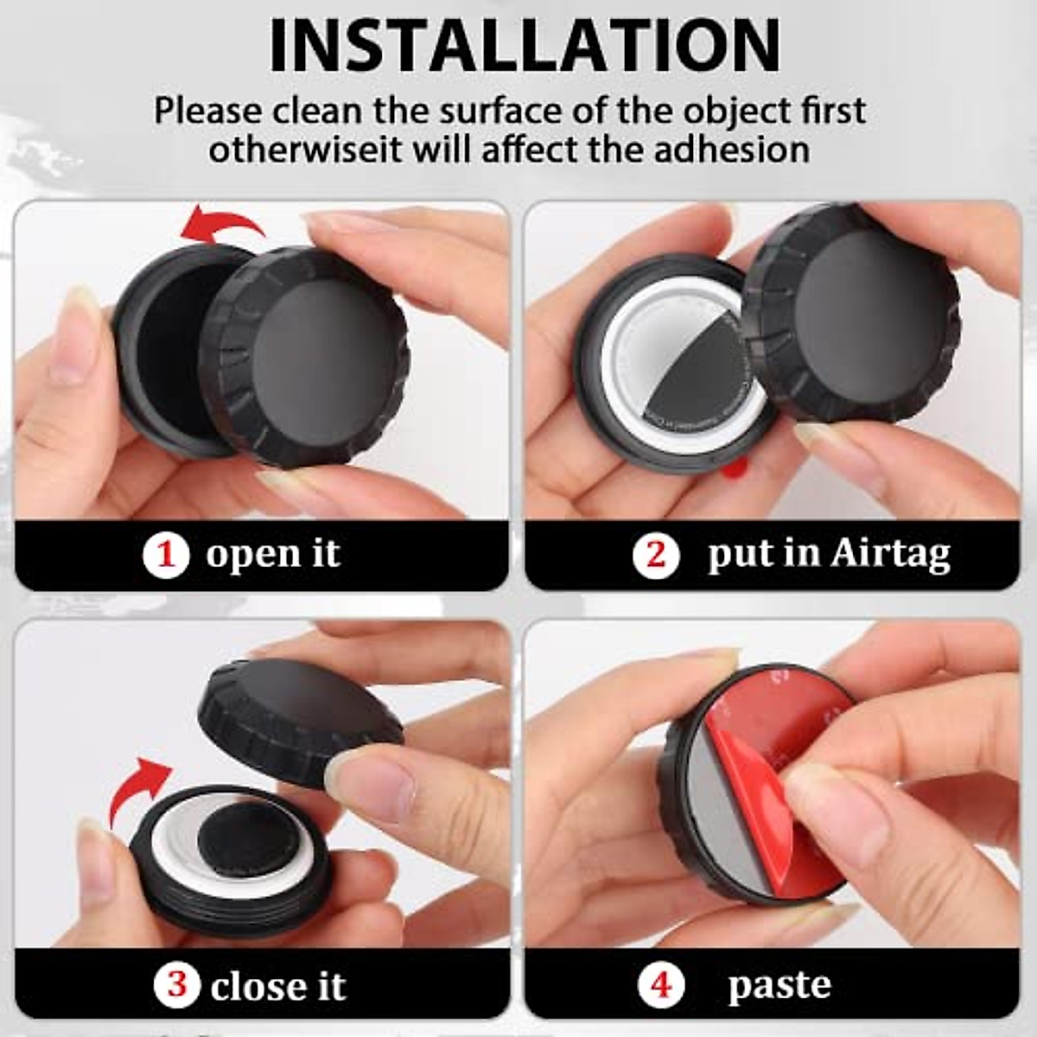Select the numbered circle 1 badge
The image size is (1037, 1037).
pyautogui.click(x=165, y=554)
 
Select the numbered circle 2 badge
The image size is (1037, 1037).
pyautogui.click(x=656, y=554)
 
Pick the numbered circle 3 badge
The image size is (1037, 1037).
pyautogui.click(x=177, y=984)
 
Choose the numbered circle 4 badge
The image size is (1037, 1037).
pyautogui.click(x=661, y=984)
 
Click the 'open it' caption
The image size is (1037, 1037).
pyautogui.click(x=273, y=554)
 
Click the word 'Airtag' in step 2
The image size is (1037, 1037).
pyautogui.click(x=890, y=554)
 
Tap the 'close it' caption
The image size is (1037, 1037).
pyautogui.click(x=278, y=985)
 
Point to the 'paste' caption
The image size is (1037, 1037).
pyautogui.click(x=779, y=984)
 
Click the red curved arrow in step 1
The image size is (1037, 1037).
pyautogui.click(x=225, y=226)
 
